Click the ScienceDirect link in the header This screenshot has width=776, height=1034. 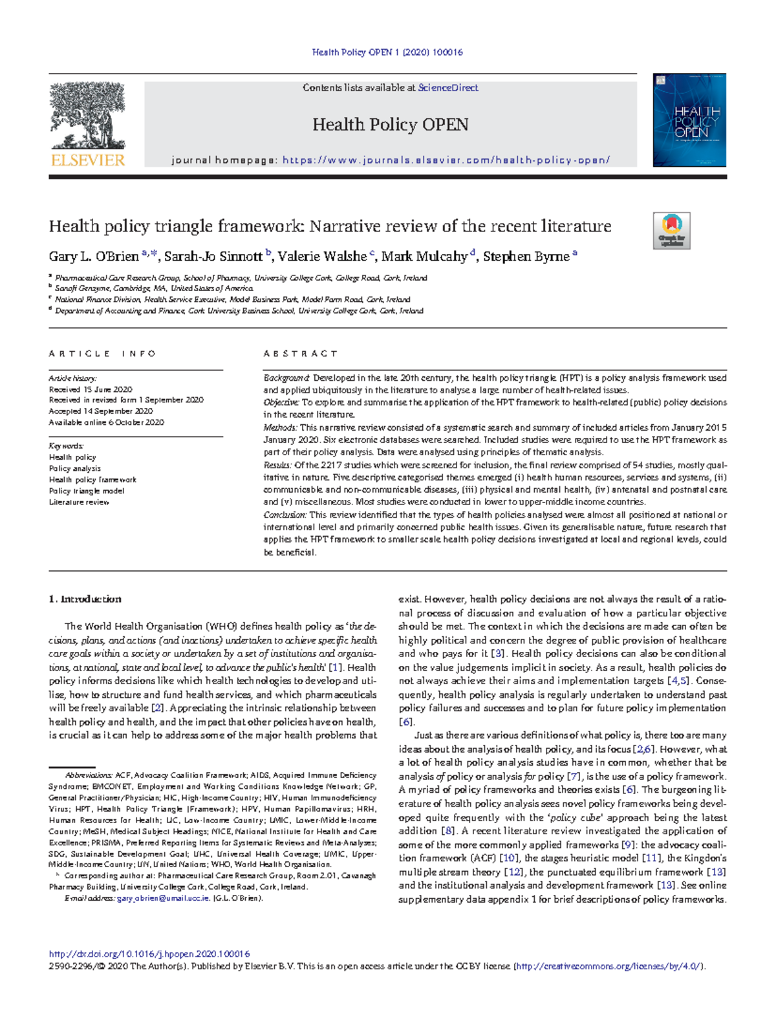pyautogui.click(x=448, y=88)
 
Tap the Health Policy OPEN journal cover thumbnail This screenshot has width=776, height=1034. pyautogui.click(x=689, y=120)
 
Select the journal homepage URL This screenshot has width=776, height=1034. pyautogui.click(x=446, y=160)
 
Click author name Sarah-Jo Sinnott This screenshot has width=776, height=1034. pyautogui.click(x=213, y=257)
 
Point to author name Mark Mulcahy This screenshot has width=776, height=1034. pyautogui.click(x=424, y=257)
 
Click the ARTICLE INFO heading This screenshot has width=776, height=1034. pyautogui.click(x=102, y=354)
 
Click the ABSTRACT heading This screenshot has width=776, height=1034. pyautogui.click(x=300, y=354)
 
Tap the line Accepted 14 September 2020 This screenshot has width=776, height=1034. pyautogui.click(x=101, y=411)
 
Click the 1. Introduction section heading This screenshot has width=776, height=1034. pyautogui.click(x=85, y=599)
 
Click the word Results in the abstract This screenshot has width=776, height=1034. pyautogui.click(x=277, y=465)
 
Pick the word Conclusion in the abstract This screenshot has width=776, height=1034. pyautogui.click(x=285, y=515)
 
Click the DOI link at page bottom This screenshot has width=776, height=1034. pyautogui.click(x=149, y=954)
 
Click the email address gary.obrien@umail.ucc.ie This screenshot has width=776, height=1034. pyautogui.click(x=163, y=898)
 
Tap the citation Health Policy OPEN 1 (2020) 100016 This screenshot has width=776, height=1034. pyautogui.click(x=387, y=52)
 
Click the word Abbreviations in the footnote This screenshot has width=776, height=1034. pyautogui.click(x=89, y=775)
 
